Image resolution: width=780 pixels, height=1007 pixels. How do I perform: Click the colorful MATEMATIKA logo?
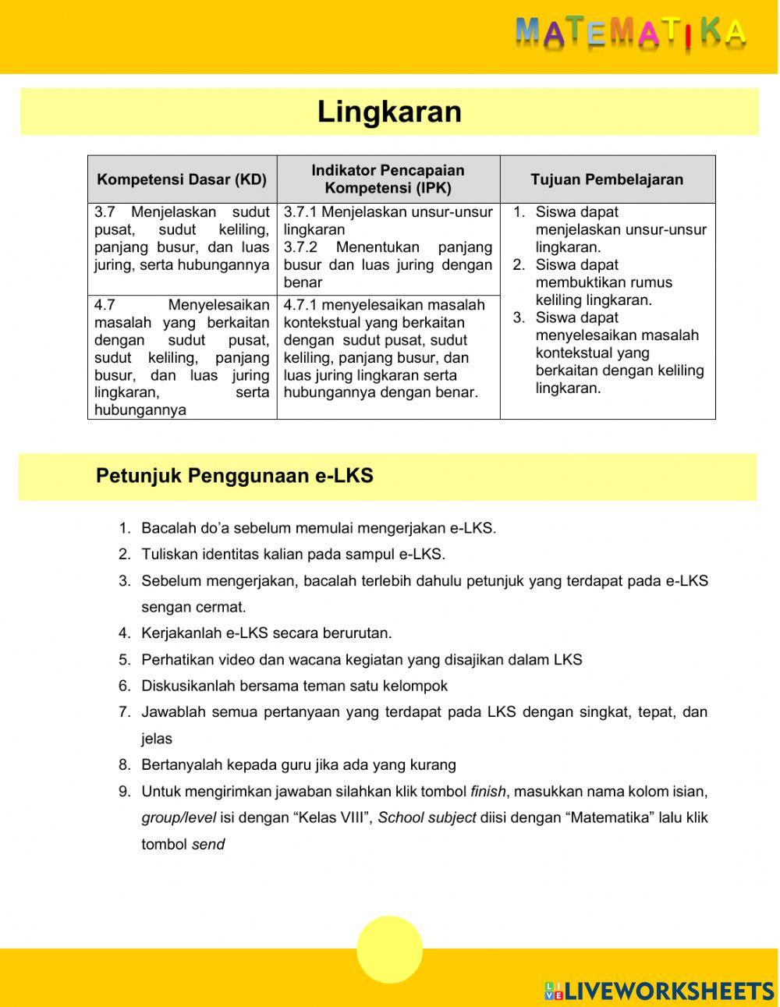[x=630, y=33]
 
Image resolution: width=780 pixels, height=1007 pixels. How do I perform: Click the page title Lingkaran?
[x=389, y=112]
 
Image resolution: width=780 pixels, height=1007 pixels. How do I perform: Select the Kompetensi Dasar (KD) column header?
[x=182, y=179]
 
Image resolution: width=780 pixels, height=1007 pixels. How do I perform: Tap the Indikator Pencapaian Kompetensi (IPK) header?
[x=388, y=179]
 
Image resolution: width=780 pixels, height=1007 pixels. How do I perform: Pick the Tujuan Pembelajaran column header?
[x=607, y=179]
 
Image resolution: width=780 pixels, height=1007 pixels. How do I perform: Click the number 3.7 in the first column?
[x=105, y=212]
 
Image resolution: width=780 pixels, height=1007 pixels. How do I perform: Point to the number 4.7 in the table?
[x=105, y=305]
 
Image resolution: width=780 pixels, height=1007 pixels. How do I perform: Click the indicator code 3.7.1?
[x=300, y=212]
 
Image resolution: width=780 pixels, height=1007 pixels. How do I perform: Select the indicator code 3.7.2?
[x=300, y=247]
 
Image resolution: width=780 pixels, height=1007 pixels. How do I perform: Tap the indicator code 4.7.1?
[x=300, y=305]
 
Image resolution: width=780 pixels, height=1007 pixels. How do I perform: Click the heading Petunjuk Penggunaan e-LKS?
[x=234, y=476]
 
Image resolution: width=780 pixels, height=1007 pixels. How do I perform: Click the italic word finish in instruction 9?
[x=488, y=792]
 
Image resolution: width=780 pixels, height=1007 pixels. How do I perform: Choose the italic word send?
[x=208, y=845]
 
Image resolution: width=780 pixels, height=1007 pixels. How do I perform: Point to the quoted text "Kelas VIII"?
[x=334, y=818]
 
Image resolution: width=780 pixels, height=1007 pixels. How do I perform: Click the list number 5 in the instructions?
[x=124, y=660]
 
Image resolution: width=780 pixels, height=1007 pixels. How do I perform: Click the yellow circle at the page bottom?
[x=389, y=950]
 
